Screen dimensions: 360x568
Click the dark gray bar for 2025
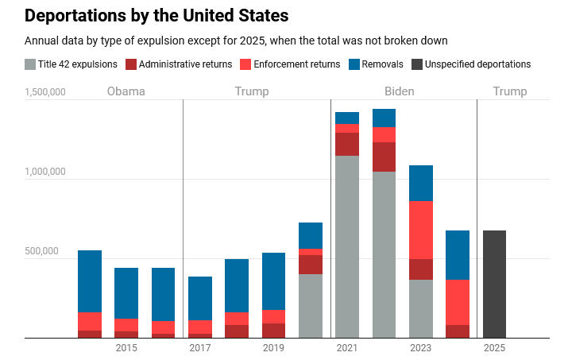coord(494,284)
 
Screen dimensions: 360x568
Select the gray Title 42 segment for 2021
coord(347,246)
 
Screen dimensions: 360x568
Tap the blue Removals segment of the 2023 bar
coord(421,183)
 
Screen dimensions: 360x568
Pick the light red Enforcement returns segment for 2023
coord(421,230)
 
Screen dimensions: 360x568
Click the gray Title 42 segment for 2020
coord(311,306)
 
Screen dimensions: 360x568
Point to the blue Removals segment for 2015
coord(126,293)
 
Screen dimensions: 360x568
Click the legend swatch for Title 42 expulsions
coord(30,64)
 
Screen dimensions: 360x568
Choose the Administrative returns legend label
coord(185,64)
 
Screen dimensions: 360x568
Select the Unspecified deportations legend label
coord(477,64)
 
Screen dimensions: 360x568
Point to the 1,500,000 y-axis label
coord(45,92)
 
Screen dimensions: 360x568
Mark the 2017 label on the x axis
coord(200,348)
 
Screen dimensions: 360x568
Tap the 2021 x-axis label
coord(347,348)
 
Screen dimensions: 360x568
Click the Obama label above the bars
coord(126,91)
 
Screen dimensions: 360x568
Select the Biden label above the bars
coord(399,91)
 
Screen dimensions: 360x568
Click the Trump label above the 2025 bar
coord(510,91)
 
